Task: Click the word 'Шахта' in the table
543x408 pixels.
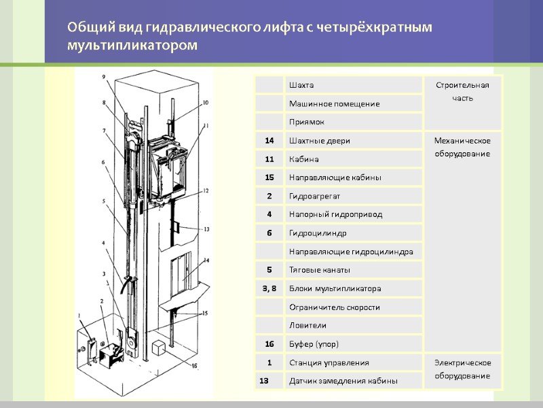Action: click(x=301, y=85)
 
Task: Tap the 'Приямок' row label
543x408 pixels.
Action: click(x=306, y=122)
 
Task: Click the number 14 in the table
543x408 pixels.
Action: click(x=269, y=140)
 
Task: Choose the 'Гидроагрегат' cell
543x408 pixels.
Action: click(x=313, y=196)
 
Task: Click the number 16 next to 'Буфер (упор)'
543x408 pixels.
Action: click(x=269, y=343)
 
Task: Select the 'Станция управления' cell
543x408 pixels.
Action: click(x=329, y=362)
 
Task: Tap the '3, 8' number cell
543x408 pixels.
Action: click(x=269, y=288)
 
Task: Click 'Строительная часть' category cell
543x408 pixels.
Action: click(x=462, y=91)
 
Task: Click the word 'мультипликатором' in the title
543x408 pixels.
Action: click(x=132, y=46)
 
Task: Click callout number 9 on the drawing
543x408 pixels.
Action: click(x=104, y=77)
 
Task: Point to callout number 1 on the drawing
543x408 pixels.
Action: click(x=80, y=313)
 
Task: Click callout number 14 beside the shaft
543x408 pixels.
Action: click(x=206, y=260)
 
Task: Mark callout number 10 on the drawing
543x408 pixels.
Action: click(x=205, y=103)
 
